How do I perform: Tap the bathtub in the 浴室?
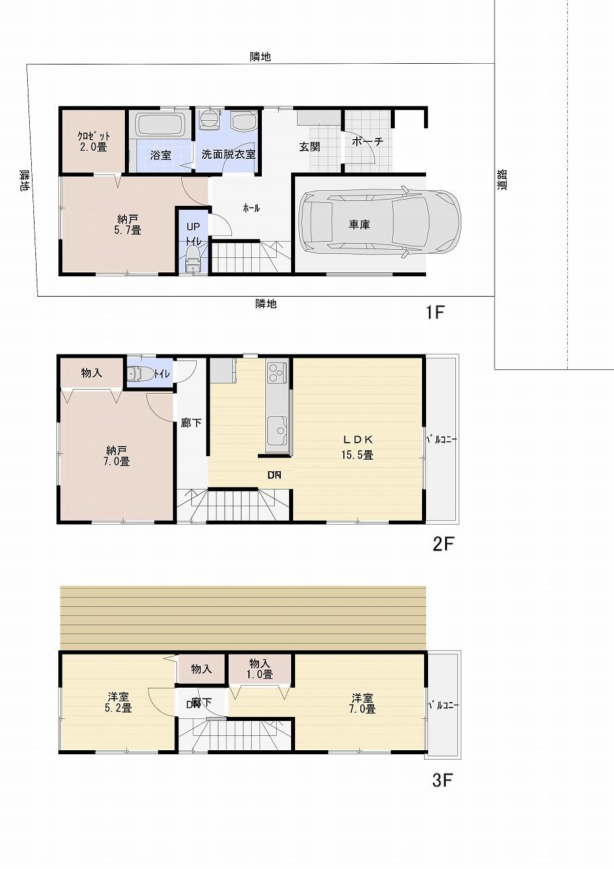tap(160, 125)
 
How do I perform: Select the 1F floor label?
tap(434, 313)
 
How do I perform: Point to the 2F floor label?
tap(442, 544)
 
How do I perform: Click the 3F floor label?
tap(442, 781)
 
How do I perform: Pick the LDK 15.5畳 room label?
tap(357, 447)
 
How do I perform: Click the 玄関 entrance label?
tap(309, 147)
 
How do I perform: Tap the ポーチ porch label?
tap(368, 142)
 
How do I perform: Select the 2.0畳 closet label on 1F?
tap(94, 141)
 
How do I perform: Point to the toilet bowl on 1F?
tap(193, 259)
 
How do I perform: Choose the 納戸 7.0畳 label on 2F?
tap(117, 456)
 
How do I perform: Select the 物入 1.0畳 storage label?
tap(261, 669)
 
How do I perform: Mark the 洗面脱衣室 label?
tap(229, 154)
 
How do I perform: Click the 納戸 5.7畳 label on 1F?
tap(129, 225)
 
